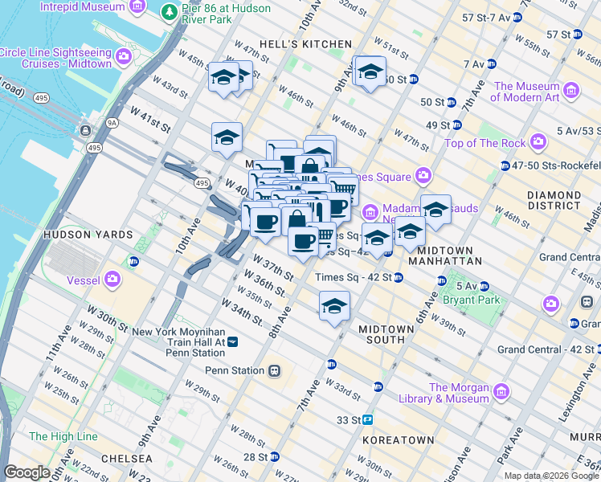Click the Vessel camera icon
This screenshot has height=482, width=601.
112,279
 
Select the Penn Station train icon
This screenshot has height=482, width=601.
275,370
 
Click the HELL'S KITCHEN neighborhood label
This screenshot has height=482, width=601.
304,43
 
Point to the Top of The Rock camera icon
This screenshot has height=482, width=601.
538,143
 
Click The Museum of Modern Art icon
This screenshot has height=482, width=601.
571,90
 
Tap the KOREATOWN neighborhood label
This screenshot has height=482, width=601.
399,440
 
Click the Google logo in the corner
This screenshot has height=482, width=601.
27,472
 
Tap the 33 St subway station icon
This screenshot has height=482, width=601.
368,419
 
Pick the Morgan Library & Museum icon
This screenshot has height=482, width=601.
501,392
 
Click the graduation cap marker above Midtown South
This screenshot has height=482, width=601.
335,306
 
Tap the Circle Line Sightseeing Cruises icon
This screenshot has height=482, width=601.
125,56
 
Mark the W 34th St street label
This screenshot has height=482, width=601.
246,314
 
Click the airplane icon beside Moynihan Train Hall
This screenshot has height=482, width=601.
233,341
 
